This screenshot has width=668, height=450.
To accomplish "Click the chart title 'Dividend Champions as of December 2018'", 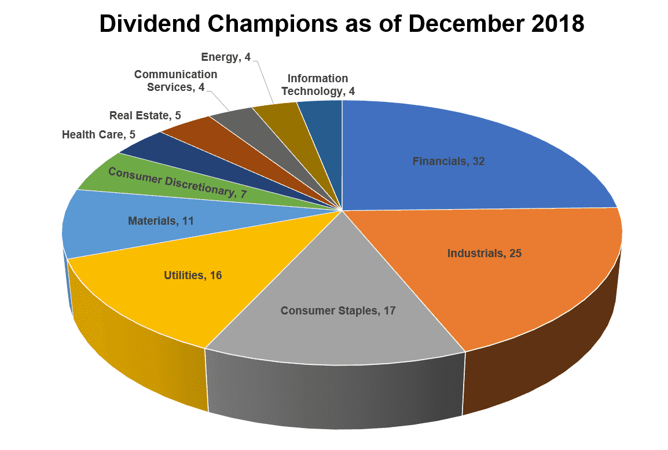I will click(342, 25).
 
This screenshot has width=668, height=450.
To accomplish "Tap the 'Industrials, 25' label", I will click(485, 253).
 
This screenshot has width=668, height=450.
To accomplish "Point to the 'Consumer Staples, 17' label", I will click(338, 311).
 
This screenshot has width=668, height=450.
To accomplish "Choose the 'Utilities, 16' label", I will click(193, 275).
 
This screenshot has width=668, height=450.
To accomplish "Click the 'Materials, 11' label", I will click(160, 221).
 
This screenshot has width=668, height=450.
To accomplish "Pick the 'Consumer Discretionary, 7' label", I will click(177, 183).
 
